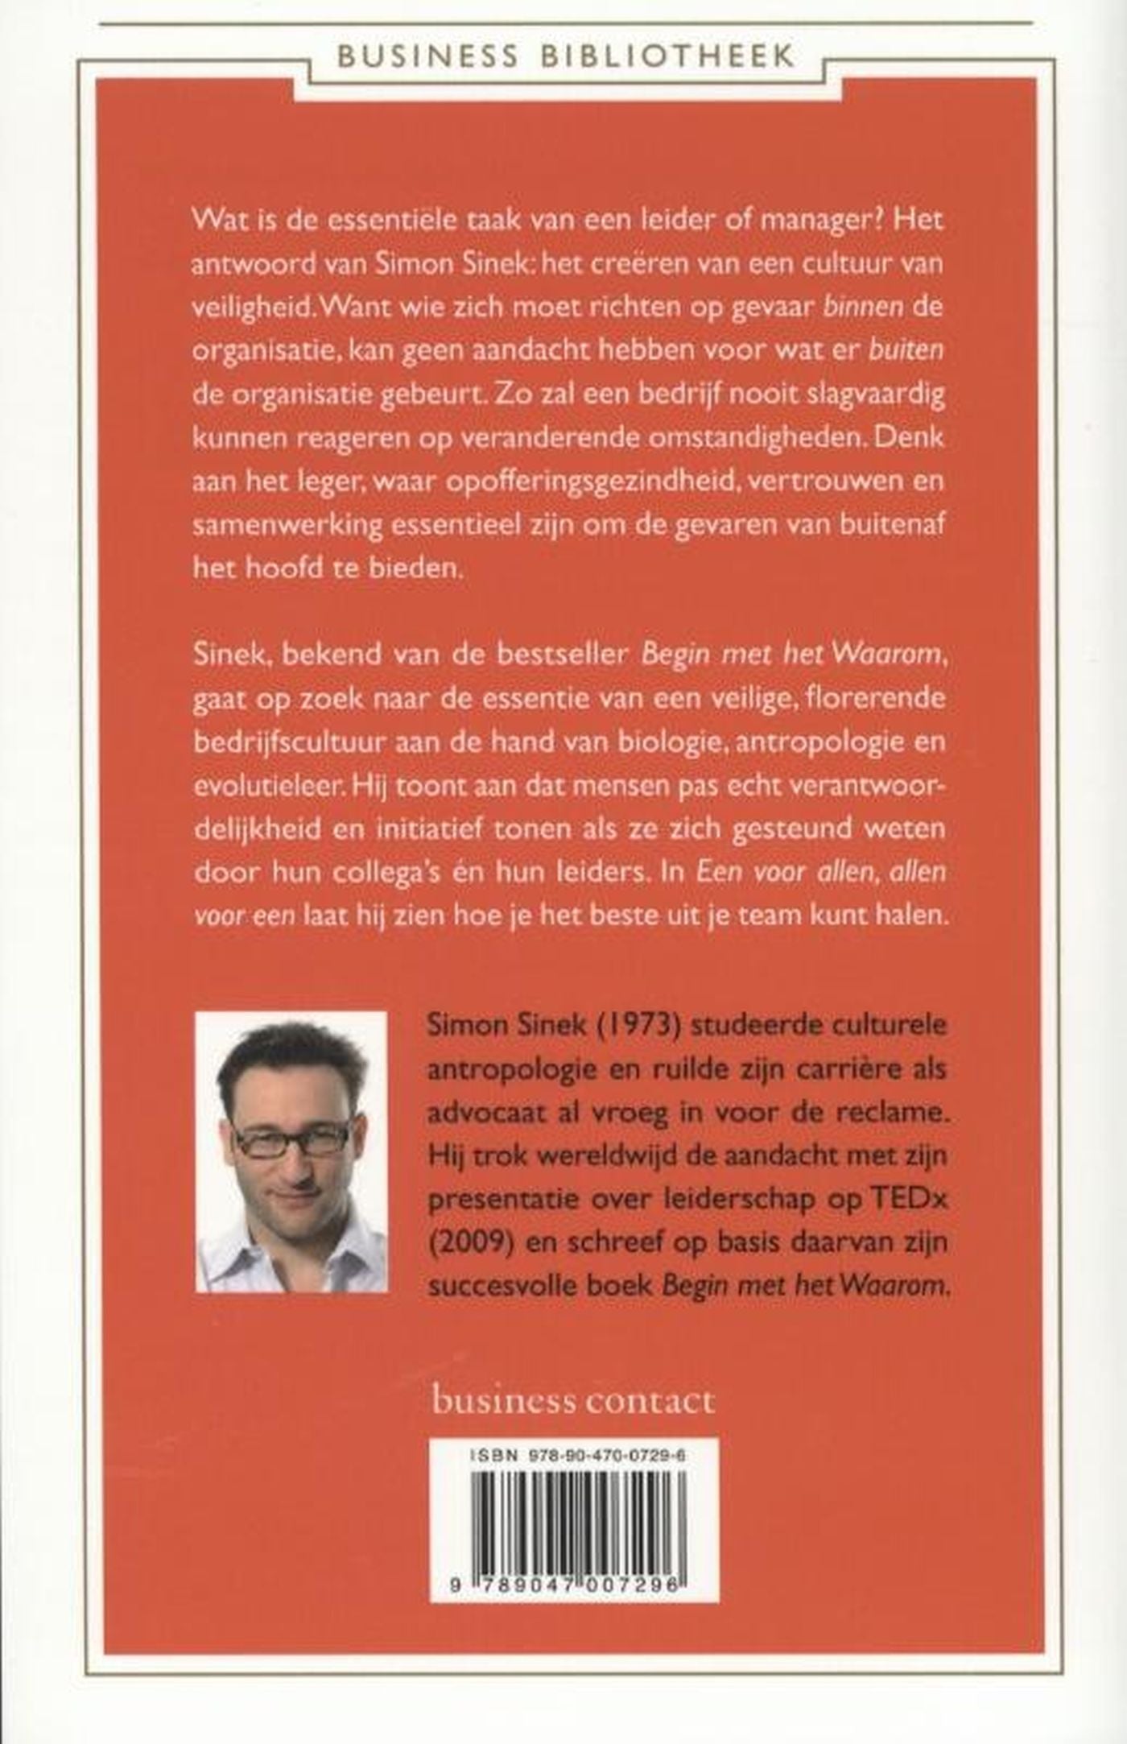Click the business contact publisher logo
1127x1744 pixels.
pos(573,1401)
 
